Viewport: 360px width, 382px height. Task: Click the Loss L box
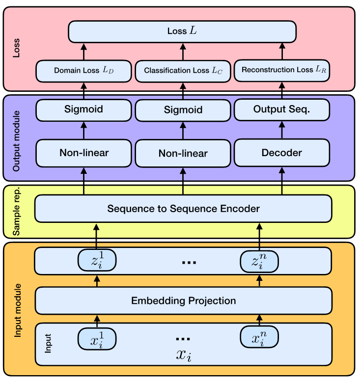click(182, 31)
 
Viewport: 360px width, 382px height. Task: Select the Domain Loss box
click(83, 71)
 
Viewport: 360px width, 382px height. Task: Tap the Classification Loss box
click(183, 71)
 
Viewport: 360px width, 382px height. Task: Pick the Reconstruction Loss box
click(282, 70)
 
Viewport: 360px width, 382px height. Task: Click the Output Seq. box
click(282, 110)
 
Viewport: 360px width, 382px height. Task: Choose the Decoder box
click(282, 153)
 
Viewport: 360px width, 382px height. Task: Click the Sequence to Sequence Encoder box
click(183, 209)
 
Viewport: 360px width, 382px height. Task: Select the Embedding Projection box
click(183, 300)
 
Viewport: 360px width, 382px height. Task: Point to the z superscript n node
click(259, 261)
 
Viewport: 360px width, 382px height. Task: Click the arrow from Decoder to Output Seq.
click(282, 130)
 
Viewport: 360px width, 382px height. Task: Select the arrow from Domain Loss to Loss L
click(83, 51)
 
